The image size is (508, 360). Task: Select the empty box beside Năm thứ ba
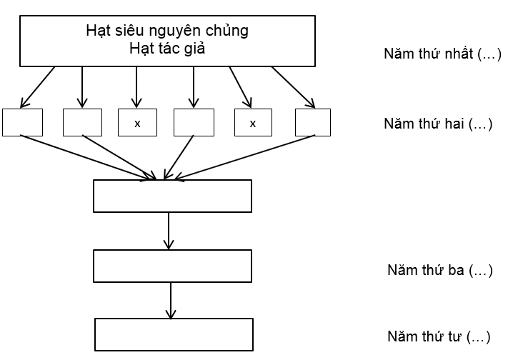(x=172, y=266)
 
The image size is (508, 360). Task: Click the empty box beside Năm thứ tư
(x=174, y=334)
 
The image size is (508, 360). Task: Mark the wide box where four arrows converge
(x=172, y=196)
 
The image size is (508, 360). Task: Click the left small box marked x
(x=137, y=123)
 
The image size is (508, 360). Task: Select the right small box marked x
(x=252, y=123)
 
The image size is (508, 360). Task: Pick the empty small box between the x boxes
(x=194, y=123)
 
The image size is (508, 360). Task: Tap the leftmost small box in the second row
(x=22, y=122)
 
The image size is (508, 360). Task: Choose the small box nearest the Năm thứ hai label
(x=312, y=122)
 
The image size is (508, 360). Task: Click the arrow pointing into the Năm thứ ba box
(x=168, y=231)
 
